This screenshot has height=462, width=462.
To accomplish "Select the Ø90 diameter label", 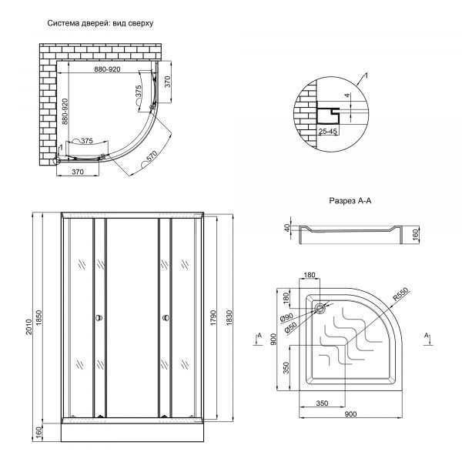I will point(288,316).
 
